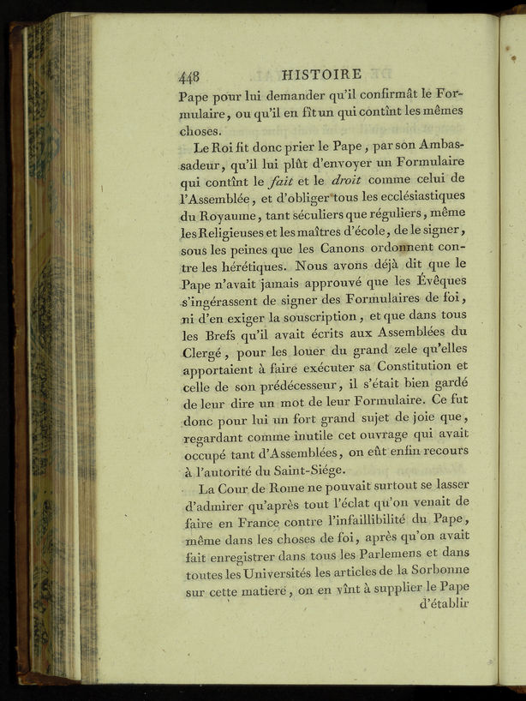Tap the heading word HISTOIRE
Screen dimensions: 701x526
tap(321, 75)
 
